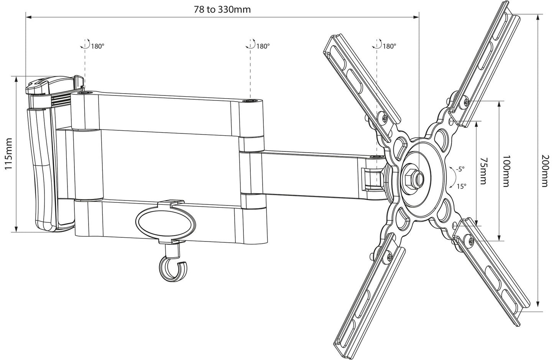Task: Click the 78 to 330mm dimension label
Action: tap(222, 10)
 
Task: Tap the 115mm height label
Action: tap(9, 154)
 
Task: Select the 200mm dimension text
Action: tap(545, 171)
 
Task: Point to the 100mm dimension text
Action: tap(506, 171)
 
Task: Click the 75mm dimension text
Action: tap(483, 171)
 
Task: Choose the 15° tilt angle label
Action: tap(461, 186)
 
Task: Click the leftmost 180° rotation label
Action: tap(97, 46)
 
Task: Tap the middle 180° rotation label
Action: tap(263, 46)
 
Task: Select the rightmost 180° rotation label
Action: tap(389, 46)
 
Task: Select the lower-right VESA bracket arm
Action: tap(492, 272)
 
